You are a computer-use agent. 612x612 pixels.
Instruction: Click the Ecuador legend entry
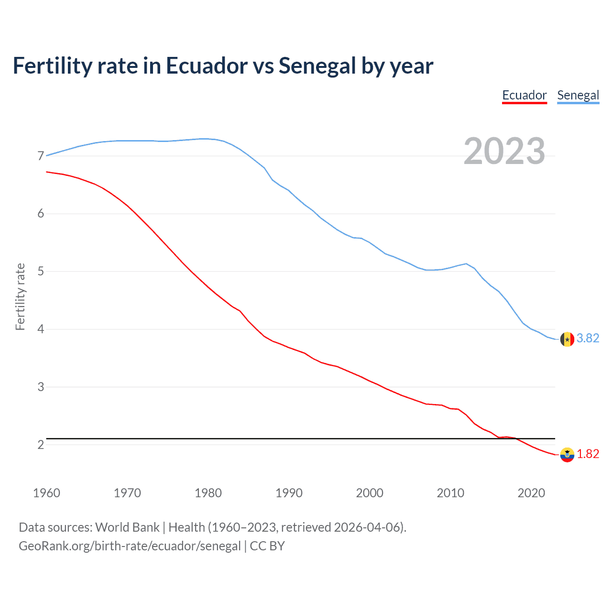(524, 95)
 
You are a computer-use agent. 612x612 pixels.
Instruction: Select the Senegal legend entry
(578, 95)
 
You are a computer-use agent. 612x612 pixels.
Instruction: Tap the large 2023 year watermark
(504, 151)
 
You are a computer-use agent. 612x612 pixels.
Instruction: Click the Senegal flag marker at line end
(567, 339)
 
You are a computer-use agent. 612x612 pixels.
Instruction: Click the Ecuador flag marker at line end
(567, 454)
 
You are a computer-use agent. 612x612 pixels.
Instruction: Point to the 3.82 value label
(588, 338)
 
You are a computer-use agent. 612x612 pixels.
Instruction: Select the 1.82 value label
(588, 454)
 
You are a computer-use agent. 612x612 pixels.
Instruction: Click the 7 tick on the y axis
(41, 156)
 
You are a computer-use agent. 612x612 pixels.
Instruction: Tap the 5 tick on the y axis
(41, 272)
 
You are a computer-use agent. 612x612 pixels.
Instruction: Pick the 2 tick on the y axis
(41, 445)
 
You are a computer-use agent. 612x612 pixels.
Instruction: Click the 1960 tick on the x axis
(46, 493)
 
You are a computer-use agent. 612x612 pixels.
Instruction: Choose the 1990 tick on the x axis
(289, 493)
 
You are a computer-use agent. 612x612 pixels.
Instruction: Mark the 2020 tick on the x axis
(531, 493)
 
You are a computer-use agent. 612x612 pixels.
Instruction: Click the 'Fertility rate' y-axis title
(20, 296)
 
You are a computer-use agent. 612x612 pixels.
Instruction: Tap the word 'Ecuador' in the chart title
(207, 66)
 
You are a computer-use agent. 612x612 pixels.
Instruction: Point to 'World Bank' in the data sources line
(127, 527)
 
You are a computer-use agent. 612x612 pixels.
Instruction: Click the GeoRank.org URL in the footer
(130, 546)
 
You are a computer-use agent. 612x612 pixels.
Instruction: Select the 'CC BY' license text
(267, 546)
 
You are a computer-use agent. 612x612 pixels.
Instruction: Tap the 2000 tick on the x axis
(370, 493)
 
